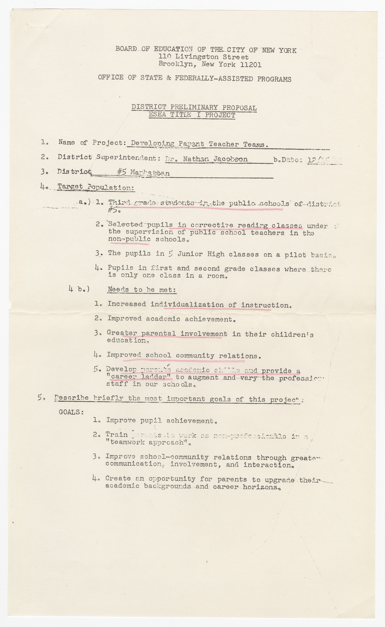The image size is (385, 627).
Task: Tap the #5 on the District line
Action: [122, 172]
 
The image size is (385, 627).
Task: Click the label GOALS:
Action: [71, 412]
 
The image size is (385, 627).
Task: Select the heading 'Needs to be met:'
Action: [142, 290]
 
